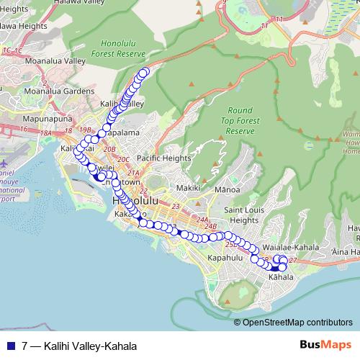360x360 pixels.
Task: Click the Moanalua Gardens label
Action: pos(59,91)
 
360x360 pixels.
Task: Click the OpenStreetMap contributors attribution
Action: pos(297,322)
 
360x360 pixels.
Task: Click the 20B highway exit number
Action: pos(109,148)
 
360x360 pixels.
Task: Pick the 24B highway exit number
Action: pos(210,226)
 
